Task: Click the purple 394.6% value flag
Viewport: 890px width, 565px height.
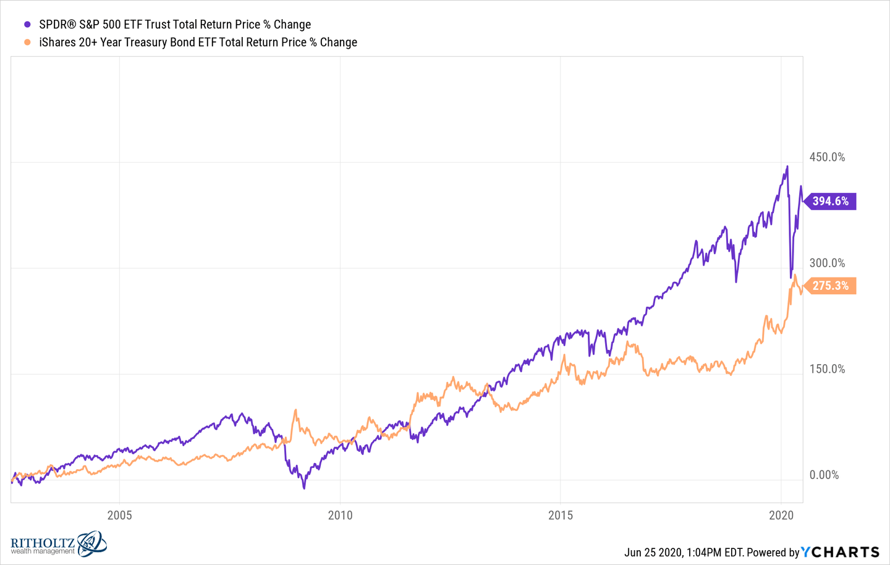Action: coord(831,201)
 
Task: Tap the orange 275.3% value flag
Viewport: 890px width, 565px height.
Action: coord(831,286)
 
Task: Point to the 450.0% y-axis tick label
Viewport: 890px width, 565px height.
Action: coord(827,157)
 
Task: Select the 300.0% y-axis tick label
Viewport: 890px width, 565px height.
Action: coord(827,263)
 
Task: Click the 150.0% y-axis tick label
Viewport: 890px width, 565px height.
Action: coord(827,369)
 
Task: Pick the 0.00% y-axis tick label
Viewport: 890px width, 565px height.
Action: coord(824,475)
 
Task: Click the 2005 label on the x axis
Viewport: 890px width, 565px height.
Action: coord(119,516)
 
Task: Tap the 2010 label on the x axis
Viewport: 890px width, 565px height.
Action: coord(340,516)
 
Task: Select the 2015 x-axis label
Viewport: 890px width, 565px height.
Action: coord(561,516)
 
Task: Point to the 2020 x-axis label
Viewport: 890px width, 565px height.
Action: coord(781,516)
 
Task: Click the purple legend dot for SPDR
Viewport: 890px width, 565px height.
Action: coord(27,25)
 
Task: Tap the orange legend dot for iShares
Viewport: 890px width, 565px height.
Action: coord(27,42)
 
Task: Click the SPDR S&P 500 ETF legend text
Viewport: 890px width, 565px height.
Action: coord(175,25)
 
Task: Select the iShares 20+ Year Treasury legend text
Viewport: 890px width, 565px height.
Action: coord(198,42)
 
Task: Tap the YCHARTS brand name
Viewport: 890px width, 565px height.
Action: coord(841,552)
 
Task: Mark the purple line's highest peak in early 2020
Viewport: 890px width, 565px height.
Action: coord(787,166)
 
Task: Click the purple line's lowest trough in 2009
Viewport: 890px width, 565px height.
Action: coord(304,488)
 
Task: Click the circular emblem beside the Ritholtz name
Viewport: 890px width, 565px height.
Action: coord(92,543)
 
